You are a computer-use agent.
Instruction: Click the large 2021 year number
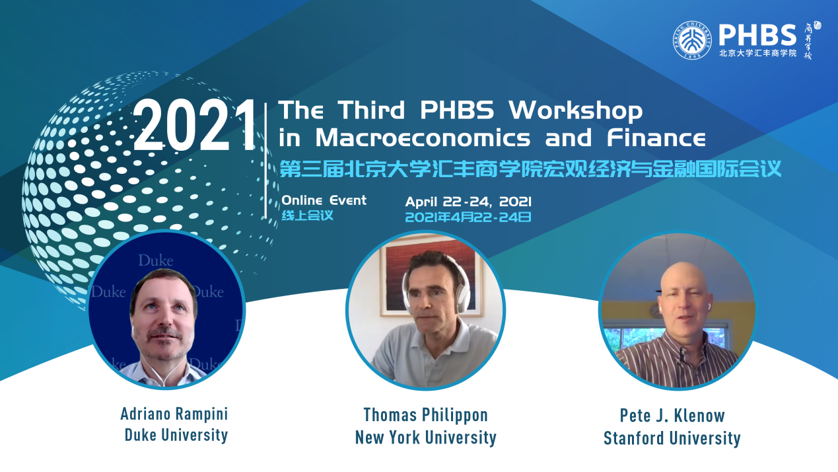[x=195, y=126]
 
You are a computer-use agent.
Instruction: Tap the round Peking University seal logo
[x=693, y=40]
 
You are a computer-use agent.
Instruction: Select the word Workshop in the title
[x=575, y=110]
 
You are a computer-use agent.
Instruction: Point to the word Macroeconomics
[x=423, y=138]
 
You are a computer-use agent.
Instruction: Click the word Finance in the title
[x=656, y=138]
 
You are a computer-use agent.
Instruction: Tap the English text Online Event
[x=324, y=200]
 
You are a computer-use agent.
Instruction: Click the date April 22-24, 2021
[x=468, y=202]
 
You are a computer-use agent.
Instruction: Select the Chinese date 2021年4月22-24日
[x=468, y=217]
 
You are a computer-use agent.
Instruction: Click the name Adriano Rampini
[x=174, y=414]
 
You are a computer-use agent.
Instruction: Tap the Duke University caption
[x=176, y=435]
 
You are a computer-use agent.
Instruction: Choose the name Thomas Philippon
[x=426, y=415]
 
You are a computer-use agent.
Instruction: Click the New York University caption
[x=426, y=438]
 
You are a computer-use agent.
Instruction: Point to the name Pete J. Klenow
[x=672, y=416]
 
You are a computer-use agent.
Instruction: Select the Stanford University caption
[x=672, y=438]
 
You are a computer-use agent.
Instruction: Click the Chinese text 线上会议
[x=307, y=216]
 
